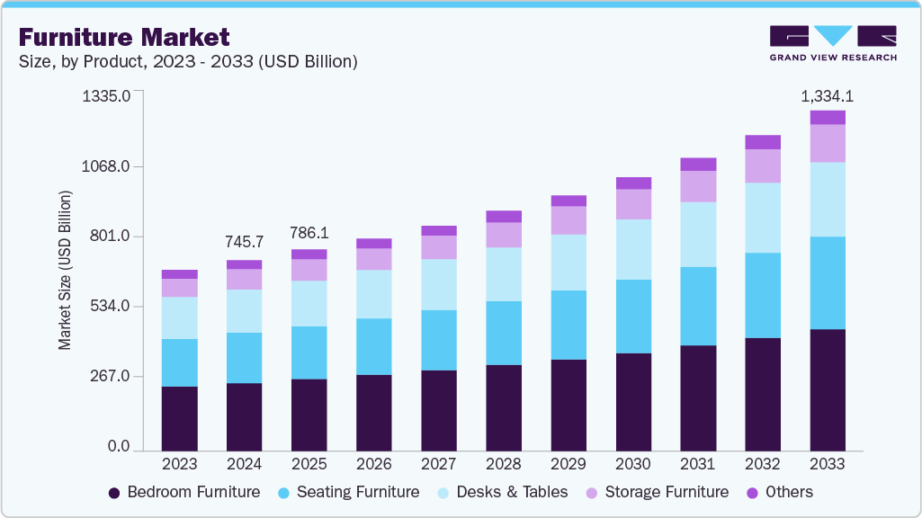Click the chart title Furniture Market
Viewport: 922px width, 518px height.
123,37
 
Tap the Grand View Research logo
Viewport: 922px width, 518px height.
833,43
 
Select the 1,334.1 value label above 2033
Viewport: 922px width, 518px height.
828,96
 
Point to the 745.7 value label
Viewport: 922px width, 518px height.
244,242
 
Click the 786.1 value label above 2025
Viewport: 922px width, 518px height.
309,232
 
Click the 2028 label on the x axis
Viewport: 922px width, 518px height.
503,465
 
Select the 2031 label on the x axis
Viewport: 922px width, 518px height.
697,465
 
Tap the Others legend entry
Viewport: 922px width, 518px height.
789,492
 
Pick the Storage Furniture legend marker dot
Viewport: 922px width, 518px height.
593,493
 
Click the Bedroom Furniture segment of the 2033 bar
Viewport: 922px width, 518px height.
828,388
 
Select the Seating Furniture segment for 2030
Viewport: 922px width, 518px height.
633,316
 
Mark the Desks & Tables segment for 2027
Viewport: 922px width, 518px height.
438,284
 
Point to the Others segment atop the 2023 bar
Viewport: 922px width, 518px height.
179,274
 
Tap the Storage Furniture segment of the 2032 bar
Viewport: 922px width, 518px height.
763,165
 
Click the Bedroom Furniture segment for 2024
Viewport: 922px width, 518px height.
244,415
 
